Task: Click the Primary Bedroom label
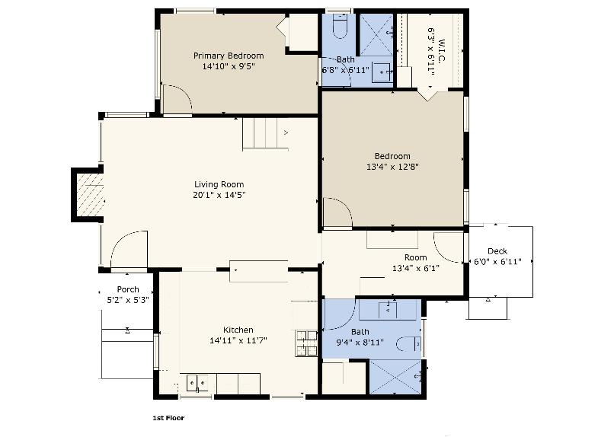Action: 229,56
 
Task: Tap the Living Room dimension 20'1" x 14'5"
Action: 219,195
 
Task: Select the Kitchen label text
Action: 238,330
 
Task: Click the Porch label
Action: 128,289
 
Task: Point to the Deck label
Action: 497,251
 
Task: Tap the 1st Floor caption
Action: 168,418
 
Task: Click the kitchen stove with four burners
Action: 306,343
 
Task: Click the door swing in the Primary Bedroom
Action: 177,100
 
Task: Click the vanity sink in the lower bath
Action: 389,309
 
